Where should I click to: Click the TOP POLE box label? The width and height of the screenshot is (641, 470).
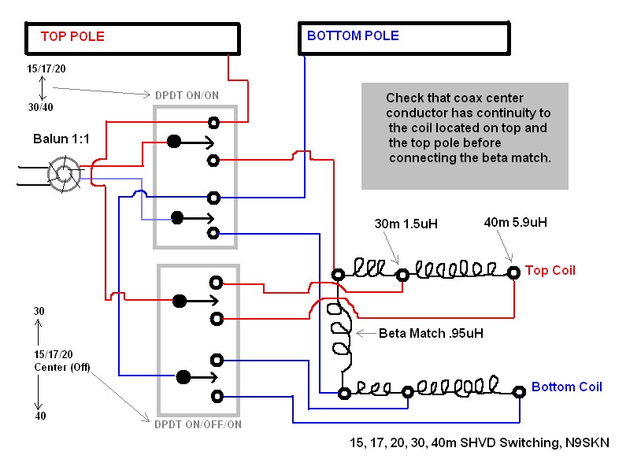[72, 36]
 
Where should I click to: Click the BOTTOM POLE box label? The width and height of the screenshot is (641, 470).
[353, 35]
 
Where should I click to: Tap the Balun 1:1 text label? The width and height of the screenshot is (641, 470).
[60, 139]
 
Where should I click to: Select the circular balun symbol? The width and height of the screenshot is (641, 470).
[64, 175]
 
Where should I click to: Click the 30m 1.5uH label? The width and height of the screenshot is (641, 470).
[406, 224]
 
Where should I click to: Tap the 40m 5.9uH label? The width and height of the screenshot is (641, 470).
[515, 223]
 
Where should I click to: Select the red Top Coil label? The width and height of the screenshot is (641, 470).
[550, 271]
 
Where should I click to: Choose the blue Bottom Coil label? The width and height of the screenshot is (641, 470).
[566, 387]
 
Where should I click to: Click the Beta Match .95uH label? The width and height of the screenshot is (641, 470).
[431, 333]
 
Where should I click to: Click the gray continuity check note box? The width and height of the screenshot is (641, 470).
[465, 136]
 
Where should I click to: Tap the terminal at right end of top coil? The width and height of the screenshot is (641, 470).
[513, 272]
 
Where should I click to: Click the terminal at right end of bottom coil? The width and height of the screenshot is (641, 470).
[519, 391]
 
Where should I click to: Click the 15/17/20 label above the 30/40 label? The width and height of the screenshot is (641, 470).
[46, 68]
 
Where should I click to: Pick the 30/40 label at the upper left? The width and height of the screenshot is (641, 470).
[41, 107]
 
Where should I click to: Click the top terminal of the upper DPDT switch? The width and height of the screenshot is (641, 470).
[213, 122]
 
